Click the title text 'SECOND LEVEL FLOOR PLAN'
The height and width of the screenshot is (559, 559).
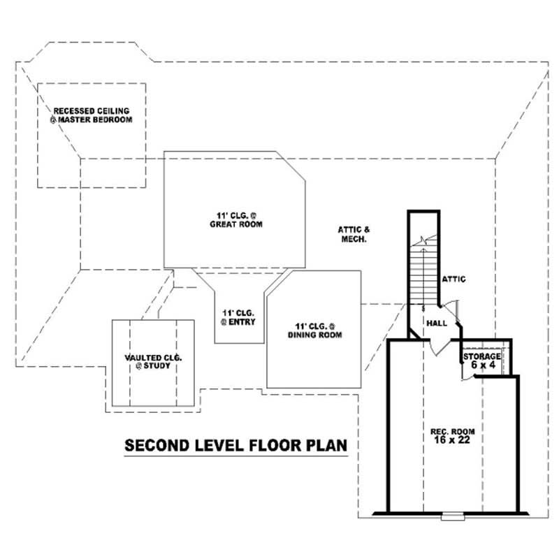(x=235, y=445)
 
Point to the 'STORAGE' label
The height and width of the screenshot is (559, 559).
(x=481, y=356)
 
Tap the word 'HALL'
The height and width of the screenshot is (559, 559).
(x=437, y=323)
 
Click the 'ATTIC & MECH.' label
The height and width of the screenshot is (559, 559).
(x=352, y=233)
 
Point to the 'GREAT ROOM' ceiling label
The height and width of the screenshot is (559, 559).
(x=235, y=219)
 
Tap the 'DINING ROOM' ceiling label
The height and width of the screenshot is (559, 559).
(x=314, y=330)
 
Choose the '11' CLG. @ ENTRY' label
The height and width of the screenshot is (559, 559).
(x=238, y=317)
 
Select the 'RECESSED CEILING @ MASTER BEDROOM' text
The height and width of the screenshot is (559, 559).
(x=91, y=115)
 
